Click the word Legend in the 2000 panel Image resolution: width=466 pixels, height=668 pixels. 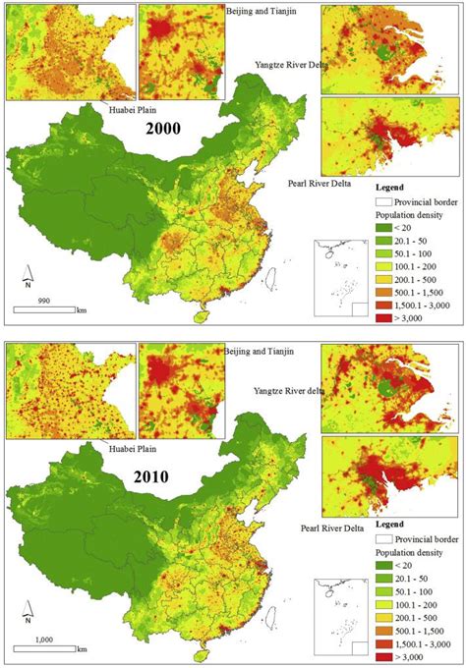click(x=392, y=184)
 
